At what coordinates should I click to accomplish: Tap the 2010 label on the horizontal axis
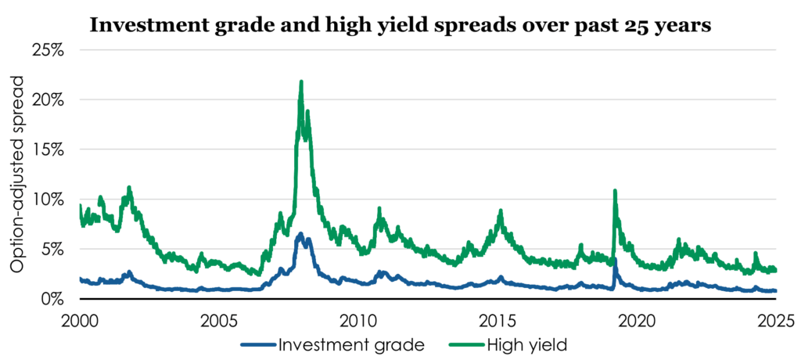(x=358, y=320)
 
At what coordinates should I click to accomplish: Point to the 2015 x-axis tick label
(x=497, y=320)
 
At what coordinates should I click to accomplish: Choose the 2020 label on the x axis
(x=637, y=320)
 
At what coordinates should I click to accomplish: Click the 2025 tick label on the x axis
(x=776, y=320)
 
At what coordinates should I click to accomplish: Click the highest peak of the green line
(x=301, y=81)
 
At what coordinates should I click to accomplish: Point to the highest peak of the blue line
(x=300, y=233)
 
